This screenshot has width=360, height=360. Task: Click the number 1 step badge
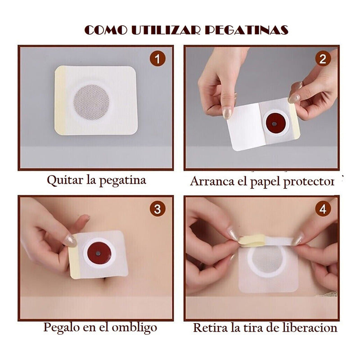click(157, 59)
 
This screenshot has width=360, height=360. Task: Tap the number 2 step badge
click(323, 59)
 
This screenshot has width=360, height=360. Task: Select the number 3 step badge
click(157, 209)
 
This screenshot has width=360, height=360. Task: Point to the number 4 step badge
click(323, 209)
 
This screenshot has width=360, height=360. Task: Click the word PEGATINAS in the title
click(246, 30)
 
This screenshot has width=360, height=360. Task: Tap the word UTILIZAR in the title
click(166, 30)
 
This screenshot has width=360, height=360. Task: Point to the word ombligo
click(135, 328)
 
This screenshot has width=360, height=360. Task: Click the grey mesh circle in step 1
click(91, 103)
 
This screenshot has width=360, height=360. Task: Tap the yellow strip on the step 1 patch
click(60, 100)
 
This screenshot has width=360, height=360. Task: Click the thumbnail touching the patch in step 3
click(70, 241)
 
